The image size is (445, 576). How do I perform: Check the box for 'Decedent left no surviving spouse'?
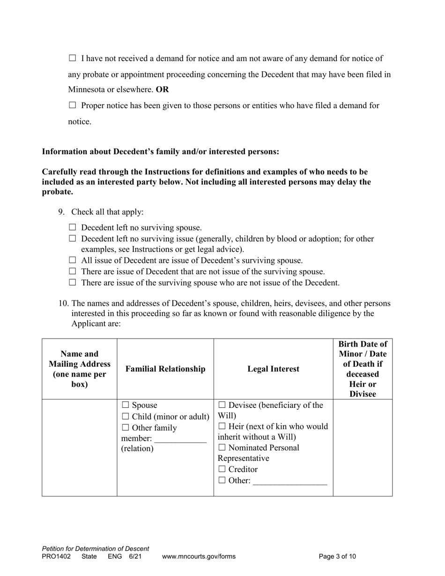(72, 228)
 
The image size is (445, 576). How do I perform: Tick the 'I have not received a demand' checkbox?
(72, 59)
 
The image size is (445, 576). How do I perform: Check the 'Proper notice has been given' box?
(72, 105)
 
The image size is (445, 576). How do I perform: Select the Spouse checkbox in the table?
(126, 405)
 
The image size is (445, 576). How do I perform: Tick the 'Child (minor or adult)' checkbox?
(126, 416)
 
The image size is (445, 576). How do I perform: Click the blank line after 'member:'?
(180, 439)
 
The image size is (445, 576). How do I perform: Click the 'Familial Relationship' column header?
(165, 369)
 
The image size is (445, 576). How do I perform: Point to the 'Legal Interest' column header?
(273, 369)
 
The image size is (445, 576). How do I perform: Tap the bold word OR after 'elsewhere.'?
(163, 89)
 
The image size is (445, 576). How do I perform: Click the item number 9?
(62, 212)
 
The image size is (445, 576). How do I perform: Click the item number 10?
(63, 303)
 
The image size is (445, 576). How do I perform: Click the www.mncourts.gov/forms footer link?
(199, 557)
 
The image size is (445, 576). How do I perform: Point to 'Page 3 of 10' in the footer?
(337, 557)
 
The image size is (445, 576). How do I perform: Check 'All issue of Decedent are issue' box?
(72, 260)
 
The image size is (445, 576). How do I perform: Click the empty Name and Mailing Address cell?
(79, 447)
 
